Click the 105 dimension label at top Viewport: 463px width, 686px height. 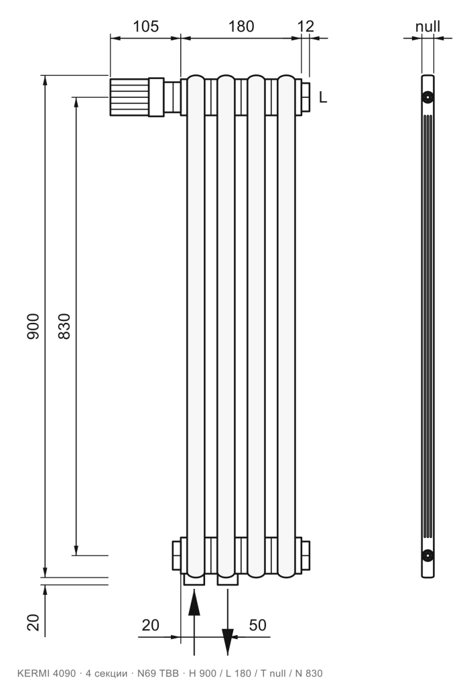click(145, 26)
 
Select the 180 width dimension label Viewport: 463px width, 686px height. click(241, 26)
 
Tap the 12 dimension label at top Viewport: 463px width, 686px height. click(306, 26)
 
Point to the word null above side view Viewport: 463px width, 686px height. click(427, 26)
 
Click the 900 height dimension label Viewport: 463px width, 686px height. click(34, 326)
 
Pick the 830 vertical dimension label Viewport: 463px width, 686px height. click(64, 326)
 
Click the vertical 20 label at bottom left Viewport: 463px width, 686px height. click(34, 622)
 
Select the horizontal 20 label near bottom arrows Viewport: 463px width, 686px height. click(150, 625)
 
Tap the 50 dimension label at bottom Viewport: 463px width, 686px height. click(257, 625)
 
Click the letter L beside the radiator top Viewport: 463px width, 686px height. click(323, 97)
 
